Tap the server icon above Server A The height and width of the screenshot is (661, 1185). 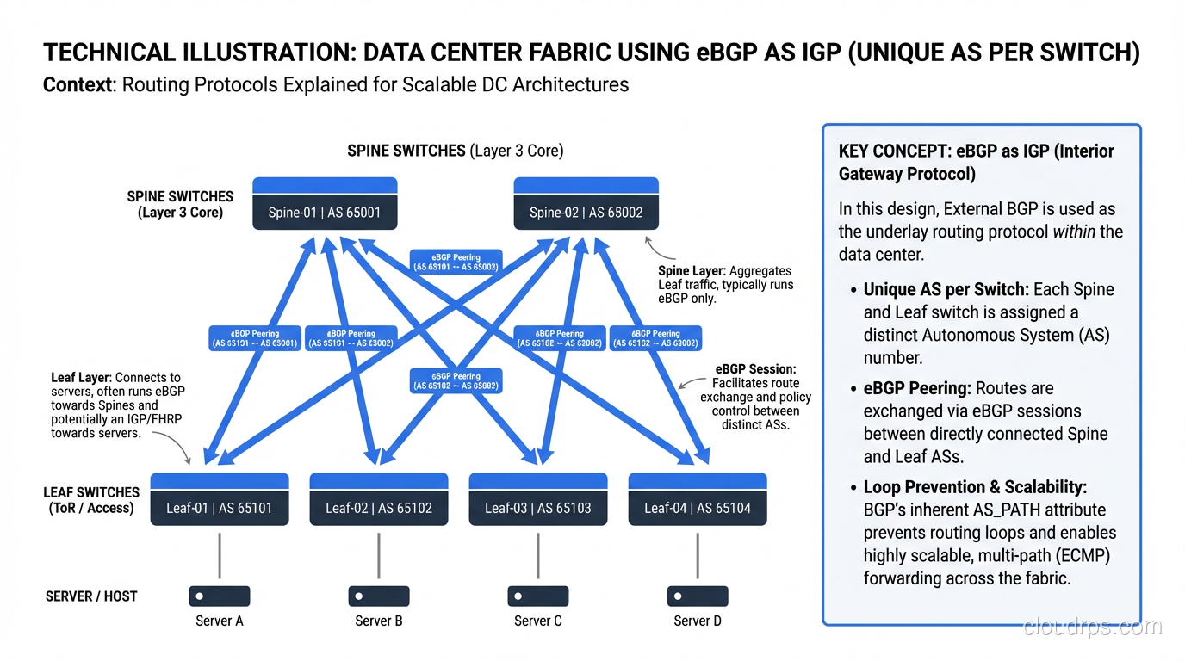tap(219, 596)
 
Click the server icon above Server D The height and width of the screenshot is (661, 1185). tap(697, 596)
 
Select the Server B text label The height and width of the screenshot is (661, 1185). tap(378, 621)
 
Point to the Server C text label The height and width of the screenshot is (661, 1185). tap(537, 621)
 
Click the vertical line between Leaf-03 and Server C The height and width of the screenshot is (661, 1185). tap(538, 554)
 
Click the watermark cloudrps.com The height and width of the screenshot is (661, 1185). tap(1092, 627)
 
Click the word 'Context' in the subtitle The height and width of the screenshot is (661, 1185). tap(77, 85)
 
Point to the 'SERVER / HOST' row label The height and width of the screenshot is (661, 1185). tap(91, 596)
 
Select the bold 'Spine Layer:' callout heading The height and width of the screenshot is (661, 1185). tap(692, 271)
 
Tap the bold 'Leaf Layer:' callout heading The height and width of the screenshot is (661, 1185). tap(82, 378)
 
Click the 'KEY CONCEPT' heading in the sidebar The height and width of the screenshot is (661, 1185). tap(893, 151)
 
